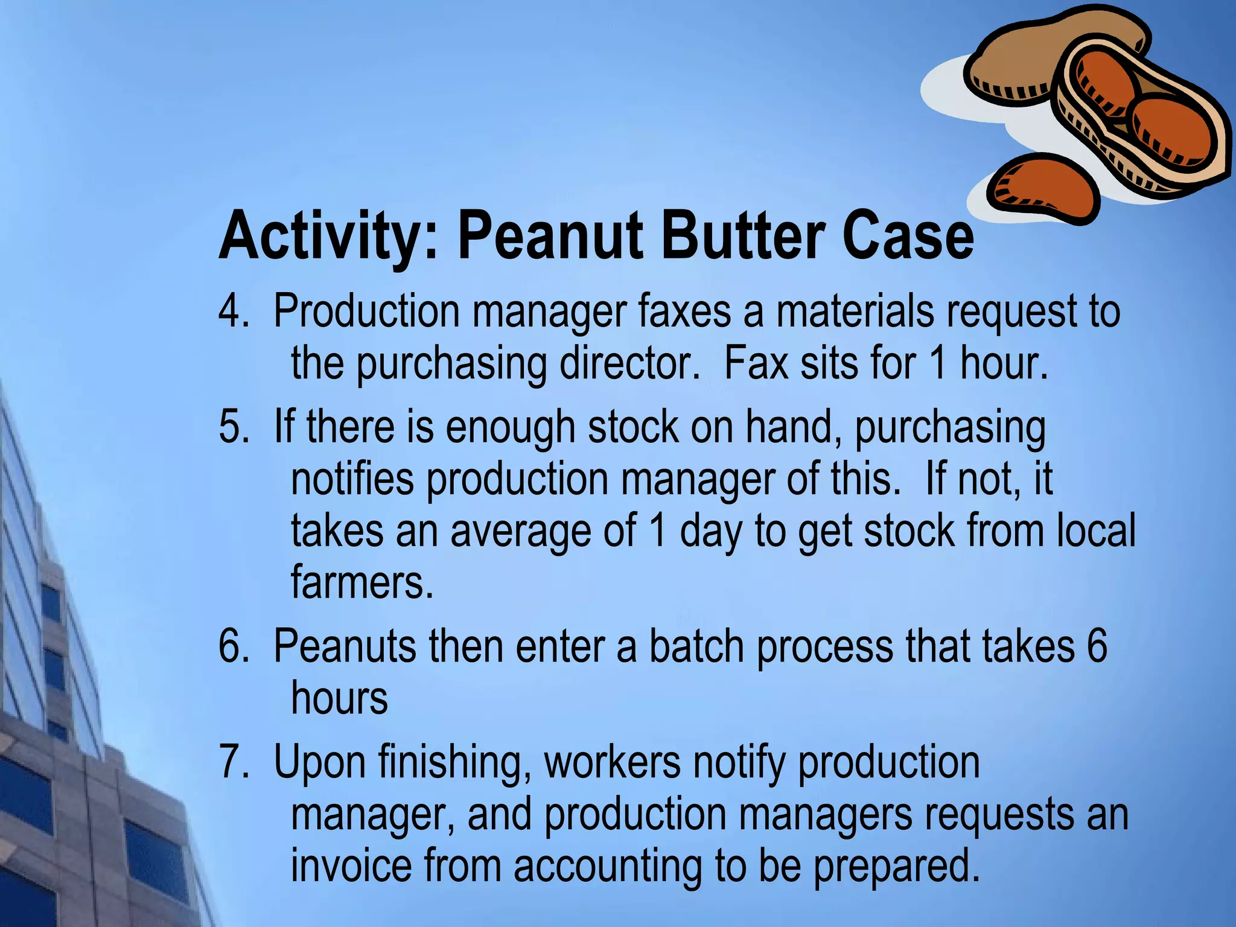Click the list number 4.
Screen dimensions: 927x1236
coord(233,311)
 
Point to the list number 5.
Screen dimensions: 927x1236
coord(233,427)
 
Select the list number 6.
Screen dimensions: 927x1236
coord(233,646)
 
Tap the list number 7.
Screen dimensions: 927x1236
coord(233,762)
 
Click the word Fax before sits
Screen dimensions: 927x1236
coord(756,363)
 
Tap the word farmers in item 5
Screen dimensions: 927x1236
coord(362,582)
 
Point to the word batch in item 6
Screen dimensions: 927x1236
coord(696,646)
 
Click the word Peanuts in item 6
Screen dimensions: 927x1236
coord(345,646)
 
